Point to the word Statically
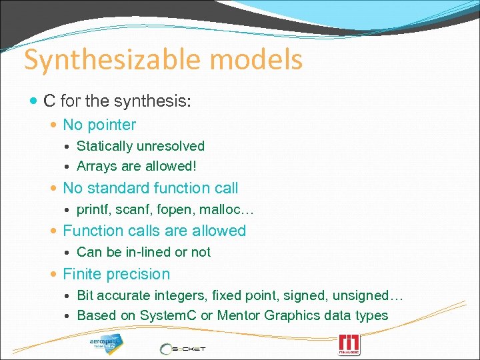[105, 146]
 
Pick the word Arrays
[96, 166]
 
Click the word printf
[93, 209]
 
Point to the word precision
[138, 274]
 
